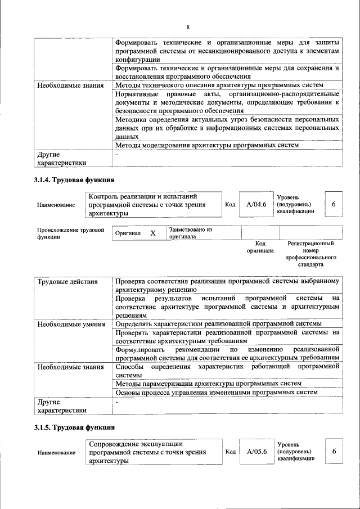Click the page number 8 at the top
(188, 27)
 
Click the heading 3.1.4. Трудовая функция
(74, 181)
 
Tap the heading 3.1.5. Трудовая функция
(74, 428)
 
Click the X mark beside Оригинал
(152, 233)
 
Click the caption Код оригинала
(260, 247)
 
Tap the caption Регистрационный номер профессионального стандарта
(310, 254)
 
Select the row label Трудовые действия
(67, 282)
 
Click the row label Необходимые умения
(71, 324)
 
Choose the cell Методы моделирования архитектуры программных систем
(206, 145)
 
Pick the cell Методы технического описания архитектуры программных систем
(219, 85)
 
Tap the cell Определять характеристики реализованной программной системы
(218, 324)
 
